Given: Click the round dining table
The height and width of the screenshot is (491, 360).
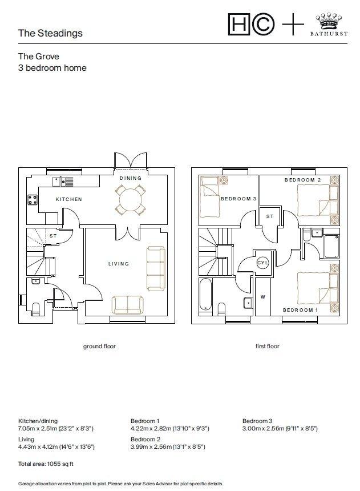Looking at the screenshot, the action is tap(131, 199).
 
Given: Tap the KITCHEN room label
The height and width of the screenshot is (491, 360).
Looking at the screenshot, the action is tap(69, 199).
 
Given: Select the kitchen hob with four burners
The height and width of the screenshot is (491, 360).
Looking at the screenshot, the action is tap(33, 200).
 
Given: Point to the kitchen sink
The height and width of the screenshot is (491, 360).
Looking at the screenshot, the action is tap(63, 182).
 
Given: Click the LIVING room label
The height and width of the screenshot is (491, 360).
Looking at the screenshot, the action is tap(119, 264).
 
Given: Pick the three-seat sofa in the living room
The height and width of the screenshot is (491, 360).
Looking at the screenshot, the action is tap(156, 268).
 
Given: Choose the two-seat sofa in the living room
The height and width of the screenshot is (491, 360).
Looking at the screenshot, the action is tap(128, 305).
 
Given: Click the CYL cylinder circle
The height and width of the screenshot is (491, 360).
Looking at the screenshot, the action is tap(262, 263).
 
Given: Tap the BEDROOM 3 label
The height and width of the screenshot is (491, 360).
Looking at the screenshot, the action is tap(238, 199).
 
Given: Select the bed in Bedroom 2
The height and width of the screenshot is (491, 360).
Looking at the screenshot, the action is tap(318, 200).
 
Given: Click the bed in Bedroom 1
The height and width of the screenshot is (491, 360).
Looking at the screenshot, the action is tap(318, 288).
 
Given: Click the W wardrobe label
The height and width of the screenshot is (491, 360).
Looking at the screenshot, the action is tap(263, 297).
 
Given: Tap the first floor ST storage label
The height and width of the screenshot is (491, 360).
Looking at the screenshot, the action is tap(270, 216).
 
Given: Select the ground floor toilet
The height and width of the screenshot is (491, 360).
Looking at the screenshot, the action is tap(36, 308).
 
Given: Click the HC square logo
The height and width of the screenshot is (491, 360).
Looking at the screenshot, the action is tap(239, 24).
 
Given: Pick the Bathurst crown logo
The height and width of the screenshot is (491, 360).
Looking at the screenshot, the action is tap(329, 25).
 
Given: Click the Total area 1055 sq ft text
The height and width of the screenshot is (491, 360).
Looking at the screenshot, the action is tap(46, 464).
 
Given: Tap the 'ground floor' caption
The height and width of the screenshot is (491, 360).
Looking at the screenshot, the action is tap(99, 346).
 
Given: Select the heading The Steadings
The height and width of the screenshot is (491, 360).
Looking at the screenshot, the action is tap(50, 33).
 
